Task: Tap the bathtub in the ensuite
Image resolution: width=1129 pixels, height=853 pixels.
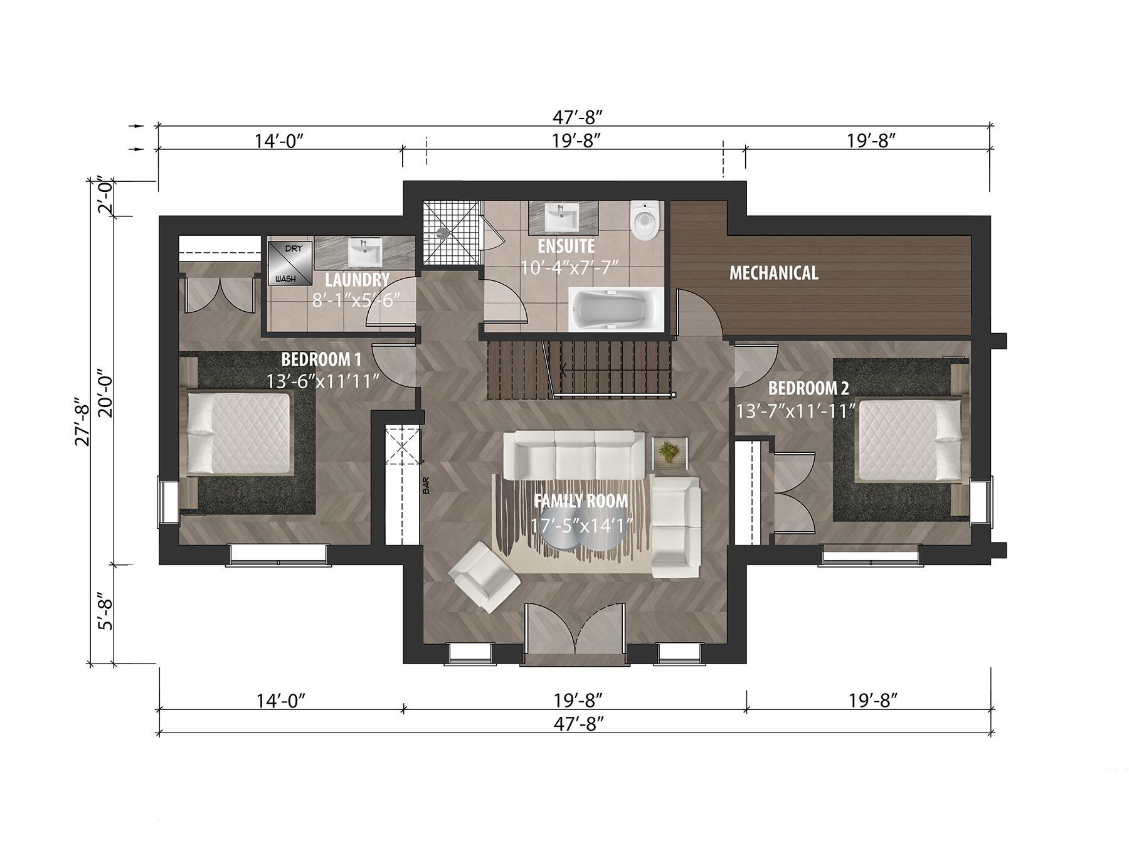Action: click(x=616, y=310)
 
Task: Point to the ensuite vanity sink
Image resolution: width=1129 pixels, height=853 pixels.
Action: click(x=562, y=218)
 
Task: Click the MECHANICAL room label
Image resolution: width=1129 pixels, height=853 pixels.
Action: click(x=773, y=273)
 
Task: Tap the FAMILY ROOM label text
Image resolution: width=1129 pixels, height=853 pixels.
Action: click(x=580, y=501)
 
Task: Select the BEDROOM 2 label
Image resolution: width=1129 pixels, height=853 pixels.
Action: click(x=808, y=388)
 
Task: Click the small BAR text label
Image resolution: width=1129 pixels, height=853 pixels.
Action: click(x=426, y=486)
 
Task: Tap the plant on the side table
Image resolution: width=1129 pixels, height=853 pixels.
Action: click(x=670, y=451)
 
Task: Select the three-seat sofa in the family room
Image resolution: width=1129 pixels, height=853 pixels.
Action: click(x=574, y=455)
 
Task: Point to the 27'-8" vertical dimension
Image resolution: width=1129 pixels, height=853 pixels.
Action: click(x=82, y=421)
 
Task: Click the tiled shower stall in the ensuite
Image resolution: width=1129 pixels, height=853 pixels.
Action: click(x=451, y=232)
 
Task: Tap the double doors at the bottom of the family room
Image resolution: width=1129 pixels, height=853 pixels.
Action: click(x=575, y=629)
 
